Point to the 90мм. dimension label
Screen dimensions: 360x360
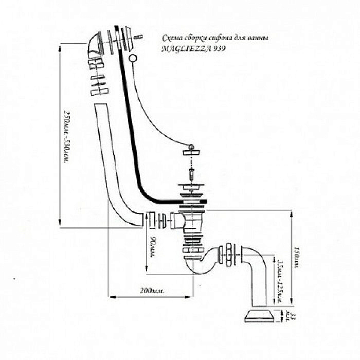point(153,247)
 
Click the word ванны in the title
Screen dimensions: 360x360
point(257,39)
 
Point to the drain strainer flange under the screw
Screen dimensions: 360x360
point(191,190)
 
